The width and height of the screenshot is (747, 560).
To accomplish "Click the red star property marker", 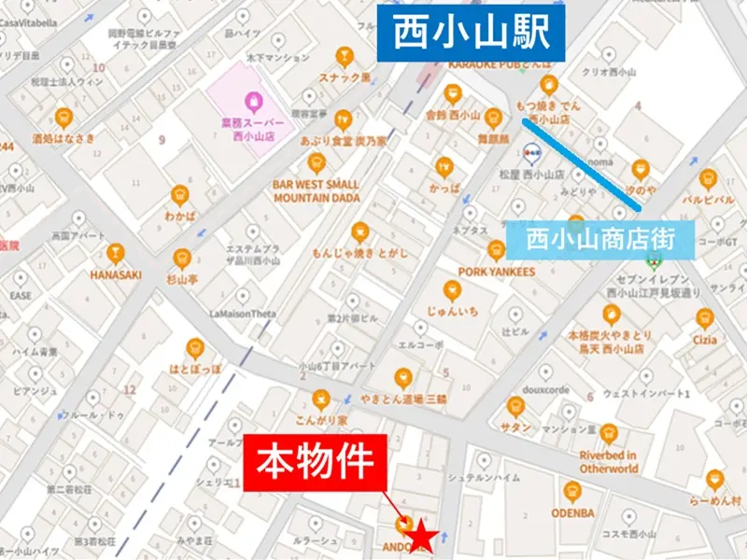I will point(423,537).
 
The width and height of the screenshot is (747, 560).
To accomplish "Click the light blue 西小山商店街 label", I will point(600,238).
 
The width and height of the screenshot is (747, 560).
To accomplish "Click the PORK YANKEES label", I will point(496,272).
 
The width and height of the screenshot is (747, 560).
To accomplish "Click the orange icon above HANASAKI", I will point(115,253).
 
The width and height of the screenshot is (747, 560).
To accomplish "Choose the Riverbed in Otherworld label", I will point(608,461).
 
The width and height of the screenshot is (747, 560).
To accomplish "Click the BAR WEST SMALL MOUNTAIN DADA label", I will point(316,191).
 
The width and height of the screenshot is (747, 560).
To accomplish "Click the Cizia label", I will point(705,340).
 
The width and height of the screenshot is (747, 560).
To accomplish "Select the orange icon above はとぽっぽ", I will point(195,347).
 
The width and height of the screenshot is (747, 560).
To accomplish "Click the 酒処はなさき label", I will point(63,139).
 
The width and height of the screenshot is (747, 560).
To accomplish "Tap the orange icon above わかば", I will point(180,194).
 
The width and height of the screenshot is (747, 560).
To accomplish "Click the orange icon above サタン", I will point(515,405).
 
